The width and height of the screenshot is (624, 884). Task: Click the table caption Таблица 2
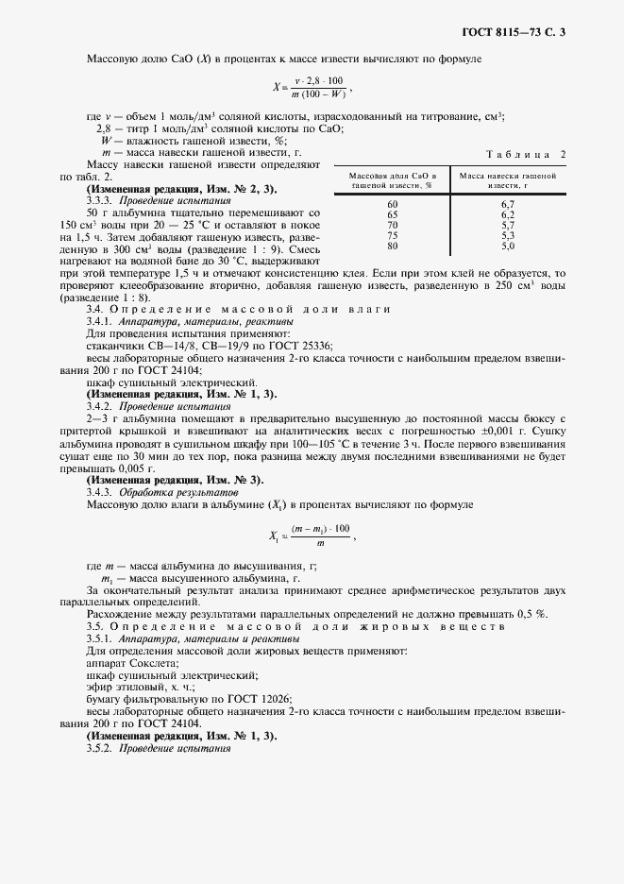pos(525,154)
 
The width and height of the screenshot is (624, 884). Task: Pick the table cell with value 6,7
pos(507,204)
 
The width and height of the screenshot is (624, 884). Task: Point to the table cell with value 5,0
pos(507,246)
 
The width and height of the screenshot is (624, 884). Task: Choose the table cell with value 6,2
pos(507,214)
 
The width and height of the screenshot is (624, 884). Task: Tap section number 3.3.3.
pos(103,200)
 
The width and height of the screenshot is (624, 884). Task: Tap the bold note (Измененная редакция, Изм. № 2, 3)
pos(170,189)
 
